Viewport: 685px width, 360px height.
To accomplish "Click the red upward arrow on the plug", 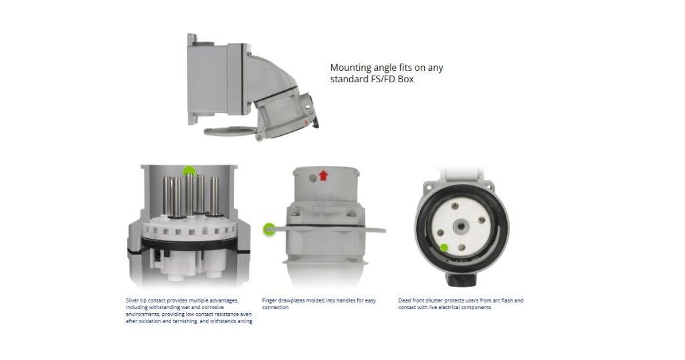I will (324, 176).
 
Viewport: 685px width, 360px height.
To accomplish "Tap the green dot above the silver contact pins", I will (189, 171).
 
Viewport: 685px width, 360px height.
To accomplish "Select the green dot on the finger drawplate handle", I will (269, 230).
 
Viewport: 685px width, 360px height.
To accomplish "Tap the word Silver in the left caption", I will (133, 300).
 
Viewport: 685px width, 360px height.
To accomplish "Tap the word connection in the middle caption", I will (276, 308).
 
